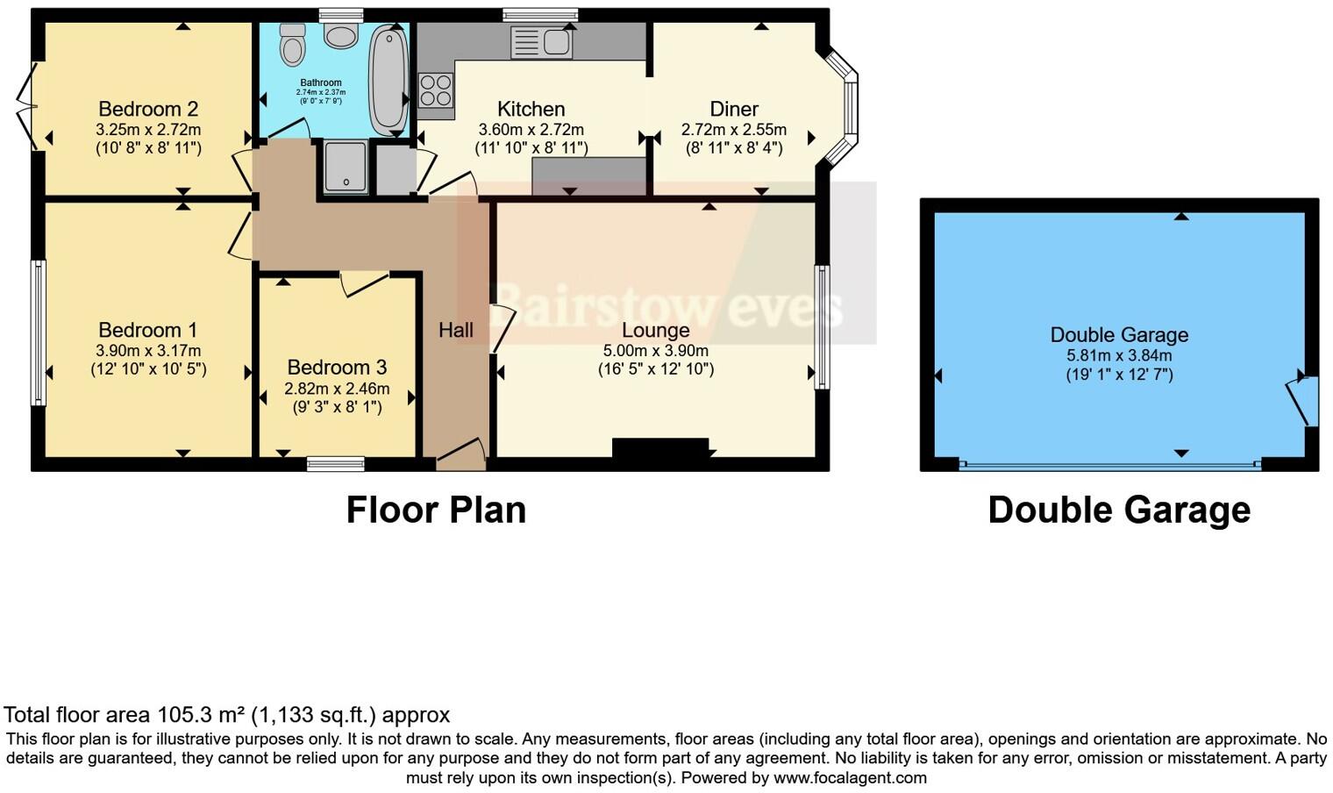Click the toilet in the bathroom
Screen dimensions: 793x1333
[x=292, y=44]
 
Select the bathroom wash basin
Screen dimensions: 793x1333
[x=340, y=35]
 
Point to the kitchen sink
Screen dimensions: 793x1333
[x=542, y=42]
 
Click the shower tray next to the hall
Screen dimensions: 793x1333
[x=346, y=167]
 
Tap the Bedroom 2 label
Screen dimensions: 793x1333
[x=148, y=110]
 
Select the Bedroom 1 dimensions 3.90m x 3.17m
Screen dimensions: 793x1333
[x=148, y=351]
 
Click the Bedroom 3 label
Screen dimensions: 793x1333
[x=337, y=368]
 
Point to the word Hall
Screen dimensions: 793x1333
[x=455, y=331]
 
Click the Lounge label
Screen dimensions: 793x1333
[x=655, y=331]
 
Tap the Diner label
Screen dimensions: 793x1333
[x=734, y=110]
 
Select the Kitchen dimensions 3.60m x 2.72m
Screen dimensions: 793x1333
[x=531, y=130]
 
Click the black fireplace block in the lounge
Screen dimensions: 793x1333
[x=659, y=447]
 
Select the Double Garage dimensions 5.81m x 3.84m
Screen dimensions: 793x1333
[x=1119, y=356]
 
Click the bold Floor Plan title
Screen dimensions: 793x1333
[x=436, y=510]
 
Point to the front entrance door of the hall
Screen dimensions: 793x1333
[x=460, y=454]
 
